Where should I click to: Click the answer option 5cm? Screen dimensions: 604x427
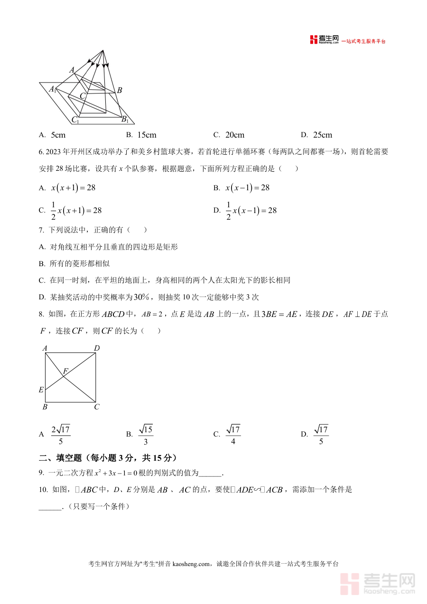click(x=58, y=135)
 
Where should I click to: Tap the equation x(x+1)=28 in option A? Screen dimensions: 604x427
click(x=74, y=188)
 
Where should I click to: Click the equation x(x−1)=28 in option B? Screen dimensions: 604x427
click(x=247, y=188)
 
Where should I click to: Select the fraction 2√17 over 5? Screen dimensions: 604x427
click(x=61, y=435)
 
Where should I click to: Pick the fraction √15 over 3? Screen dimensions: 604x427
click(x=146, y=435)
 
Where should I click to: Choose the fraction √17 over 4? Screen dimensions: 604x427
click(x=233, y=435)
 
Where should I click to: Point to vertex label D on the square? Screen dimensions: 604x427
click(x=97, y=349)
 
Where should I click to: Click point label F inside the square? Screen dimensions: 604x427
click(x=65, y=371)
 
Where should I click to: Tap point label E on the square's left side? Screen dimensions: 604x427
click(x=41, y=390)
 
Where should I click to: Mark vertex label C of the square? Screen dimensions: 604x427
click(x=97, y=407)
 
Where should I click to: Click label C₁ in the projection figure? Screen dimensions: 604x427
click(x=75, y=120)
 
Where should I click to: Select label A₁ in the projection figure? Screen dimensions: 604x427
click(x=53, y=89)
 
